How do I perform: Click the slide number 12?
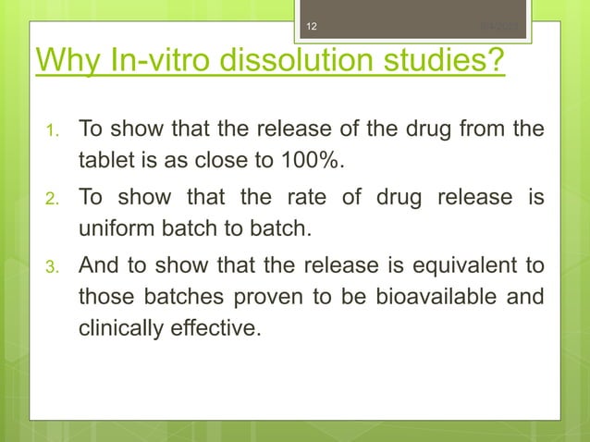(311, 26)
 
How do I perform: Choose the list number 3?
(54, 268)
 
